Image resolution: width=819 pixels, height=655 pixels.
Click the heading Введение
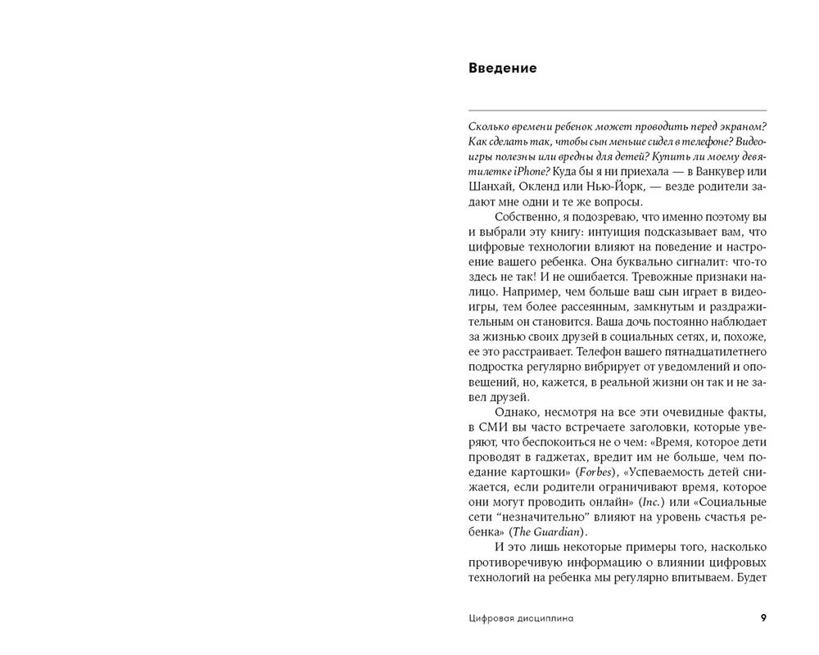pyautogui.click(x=503, y=68)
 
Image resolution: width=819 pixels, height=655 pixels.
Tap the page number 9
pyautogui.click(x=763, y=618)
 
